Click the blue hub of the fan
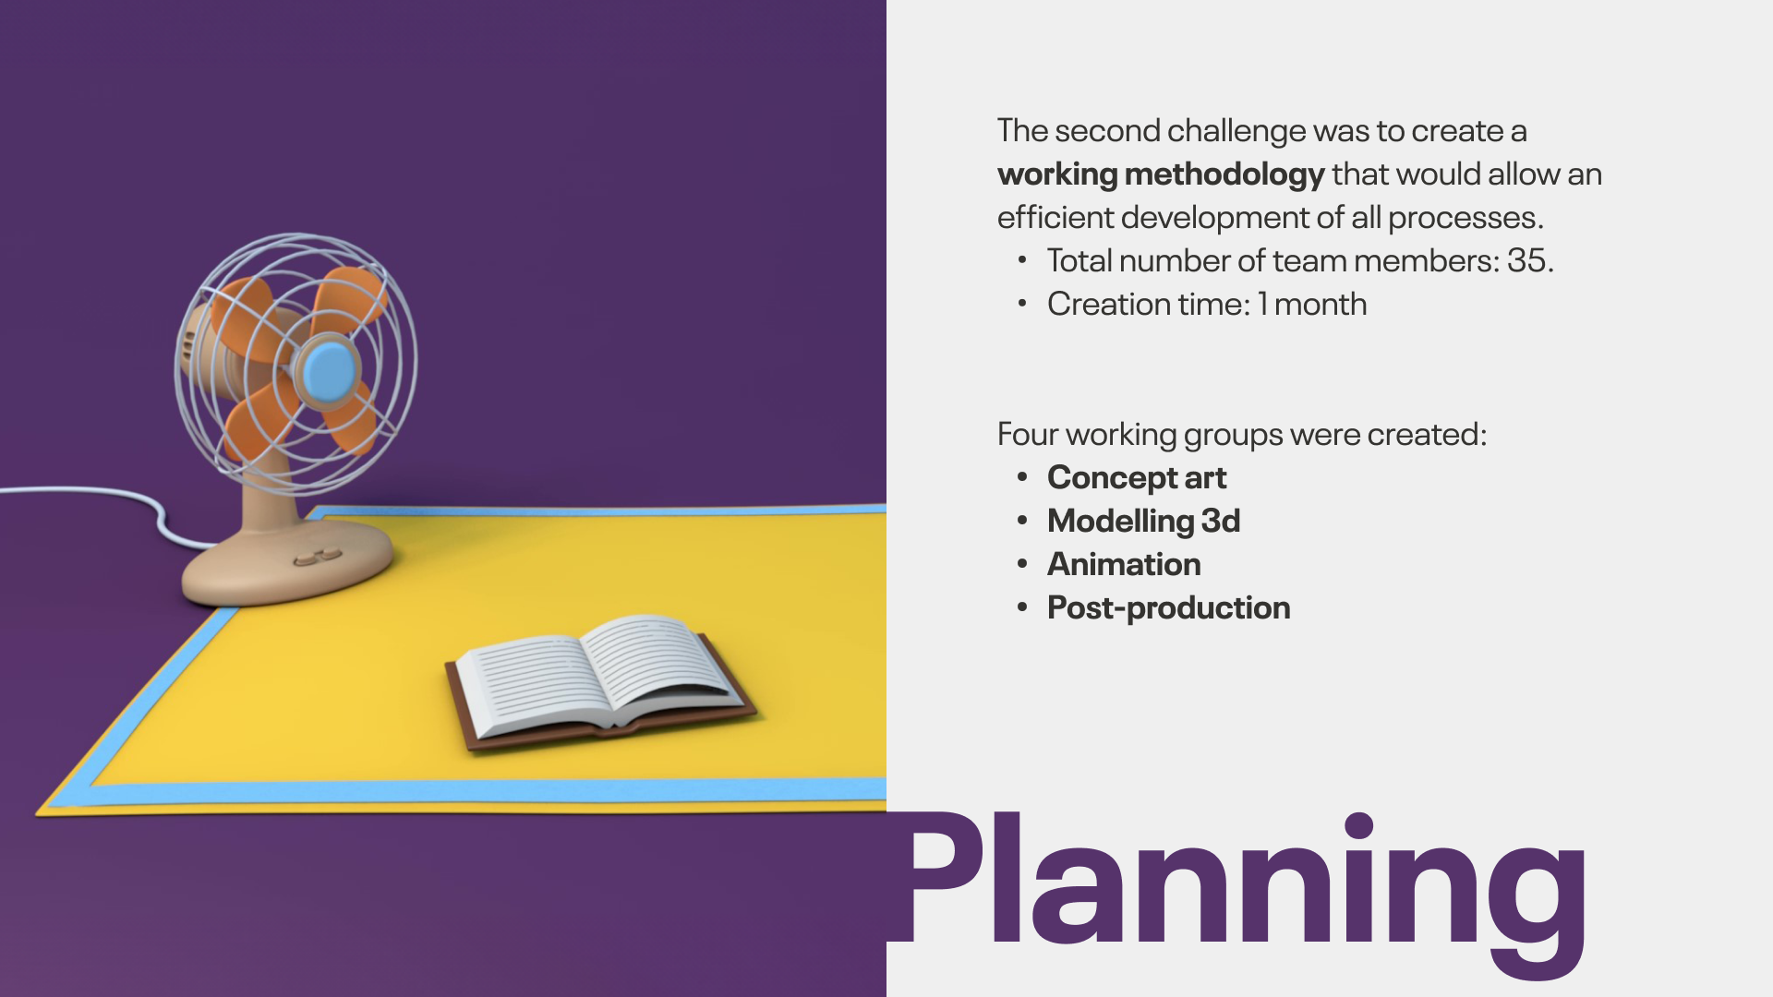(x=329, y=370)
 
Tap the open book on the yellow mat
(x=600, y=681)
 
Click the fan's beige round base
(x=287, y=561)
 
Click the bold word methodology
(x=1224, y=174)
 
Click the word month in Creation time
(x=1321, y=304)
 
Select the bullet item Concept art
(x=1137, y=478)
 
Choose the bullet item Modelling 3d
(x=1143, y=521)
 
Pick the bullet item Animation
(x=1124, y=564)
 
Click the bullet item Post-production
(x=1168, y=607)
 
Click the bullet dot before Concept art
(x=1022, y=477)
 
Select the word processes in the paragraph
(x=1465, y=219)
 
